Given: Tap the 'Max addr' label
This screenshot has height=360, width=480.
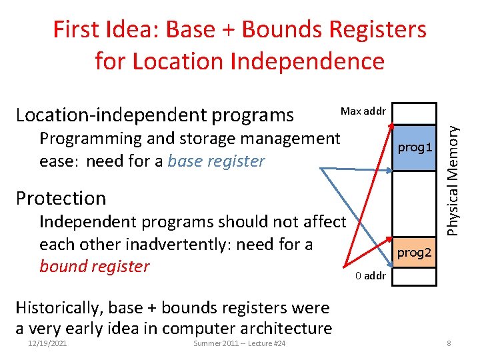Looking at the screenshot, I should tap(363, 110).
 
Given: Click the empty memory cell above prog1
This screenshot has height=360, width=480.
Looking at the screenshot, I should tap(415, 113).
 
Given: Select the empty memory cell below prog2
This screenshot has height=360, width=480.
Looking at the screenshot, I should tap(415, 277).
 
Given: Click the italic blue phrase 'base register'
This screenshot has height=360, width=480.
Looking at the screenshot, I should tap(217, 161).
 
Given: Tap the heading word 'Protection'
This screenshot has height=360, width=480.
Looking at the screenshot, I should tap(61, 198).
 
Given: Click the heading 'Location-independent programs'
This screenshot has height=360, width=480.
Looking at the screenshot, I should tap(154, 115).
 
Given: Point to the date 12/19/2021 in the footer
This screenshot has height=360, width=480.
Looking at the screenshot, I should tap(47, 343).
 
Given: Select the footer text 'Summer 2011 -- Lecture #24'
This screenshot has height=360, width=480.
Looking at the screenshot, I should tap(239, 343).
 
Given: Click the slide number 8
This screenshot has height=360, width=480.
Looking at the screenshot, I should tap(450, 343).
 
